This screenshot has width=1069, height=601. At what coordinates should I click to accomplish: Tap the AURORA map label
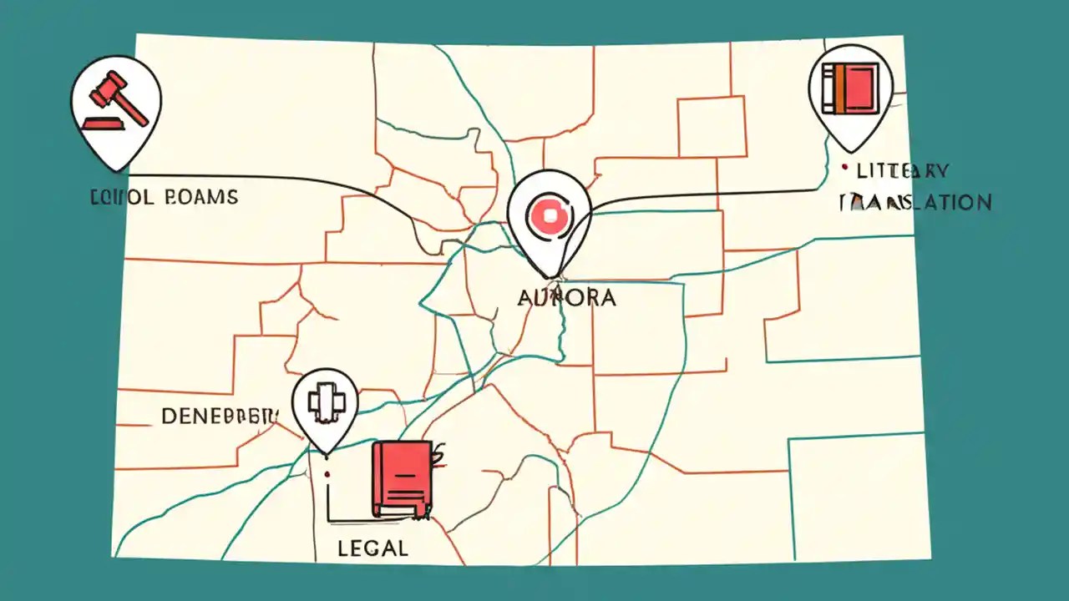pyautogui.click(x=567, y=297)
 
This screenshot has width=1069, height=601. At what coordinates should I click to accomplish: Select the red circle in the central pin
pyautogui.click(x=549, y=216)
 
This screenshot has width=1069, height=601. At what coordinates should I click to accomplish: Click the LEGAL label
pyautogui.click(x=372, y=548)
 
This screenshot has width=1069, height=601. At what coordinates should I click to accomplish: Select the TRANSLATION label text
pyautogui.click(x=915, y=202)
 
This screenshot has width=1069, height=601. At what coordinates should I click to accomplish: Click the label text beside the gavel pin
pyautogui.click(x=163, y=198)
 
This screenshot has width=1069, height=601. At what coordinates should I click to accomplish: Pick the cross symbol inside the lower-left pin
pyautogui.click(x=324, y=403)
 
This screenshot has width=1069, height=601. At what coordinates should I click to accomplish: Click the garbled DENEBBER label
pyautogui.click(x=220, y=416)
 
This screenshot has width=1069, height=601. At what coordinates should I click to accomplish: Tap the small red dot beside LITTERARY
pyautogui.click(x=846, y=169)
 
